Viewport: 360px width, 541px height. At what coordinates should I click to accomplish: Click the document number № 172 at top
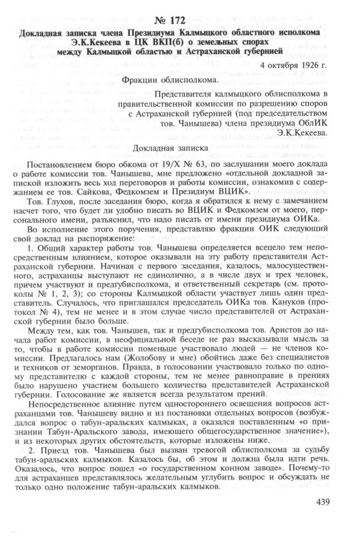[x=179, y=21]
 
